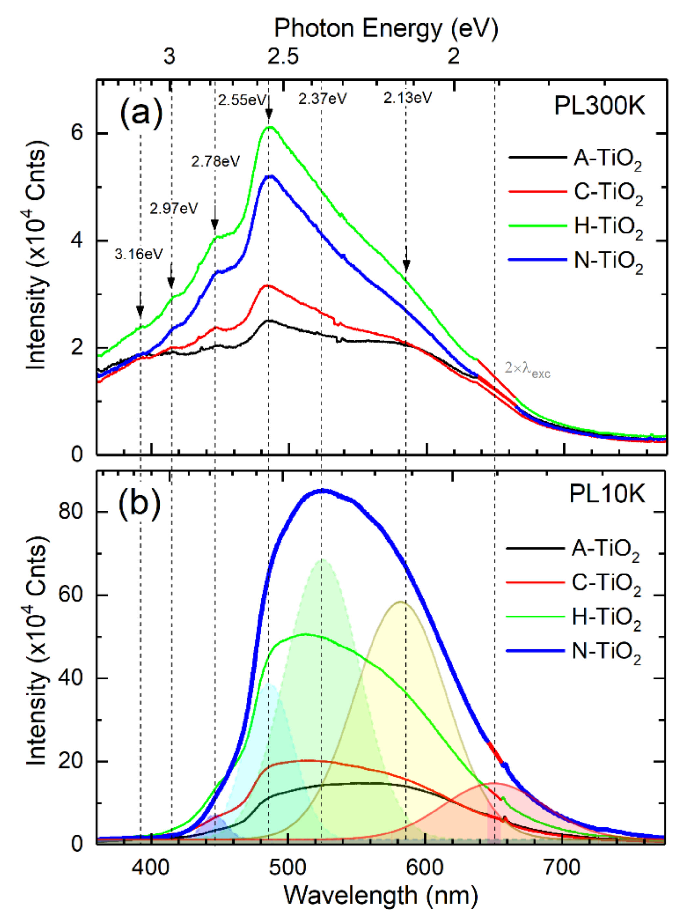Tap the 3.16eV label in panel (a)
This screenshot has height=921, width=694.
pyautogui.click(x=138, y=254)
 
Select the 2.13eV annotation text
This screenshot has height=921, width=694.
pyautogui.click(x=407, y=98)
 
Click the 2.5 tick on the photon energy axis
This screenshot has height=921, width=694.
pyautogui.click(x=283, y=56)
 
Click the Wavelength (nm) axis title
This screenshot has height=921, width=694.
pyautogui.click(x=380, y=895)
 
